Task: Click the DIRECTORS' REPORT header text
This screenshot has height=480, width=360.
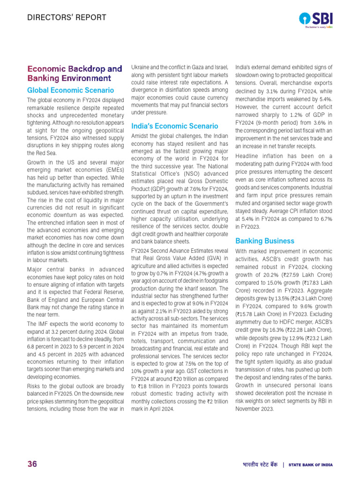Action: pyautogui.click(x=66, y=18)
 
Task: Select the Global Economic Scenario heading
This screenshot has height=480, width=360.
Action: pyautogui.click(x=70, y=90)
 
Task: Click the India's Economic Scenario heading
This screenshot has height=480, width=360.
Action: pyautogui.click(x=174, y=126)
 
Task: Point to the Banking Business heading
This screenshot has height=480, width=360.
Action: pyautogui.click(x=265, y=240)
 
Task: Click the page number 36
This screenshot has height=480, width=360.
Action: pyautogui.click(x=32, y=464)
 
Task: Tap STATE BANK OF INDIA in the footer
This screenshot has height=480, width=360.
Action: pyautogui.click(x=310, y=465)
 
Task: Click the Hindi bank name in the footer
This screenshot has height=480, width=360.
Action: pyautogui.click(x=261, y=465)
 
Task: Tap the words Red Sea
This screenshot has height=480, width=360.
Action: pyautogui.click(x=43, y=153)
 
